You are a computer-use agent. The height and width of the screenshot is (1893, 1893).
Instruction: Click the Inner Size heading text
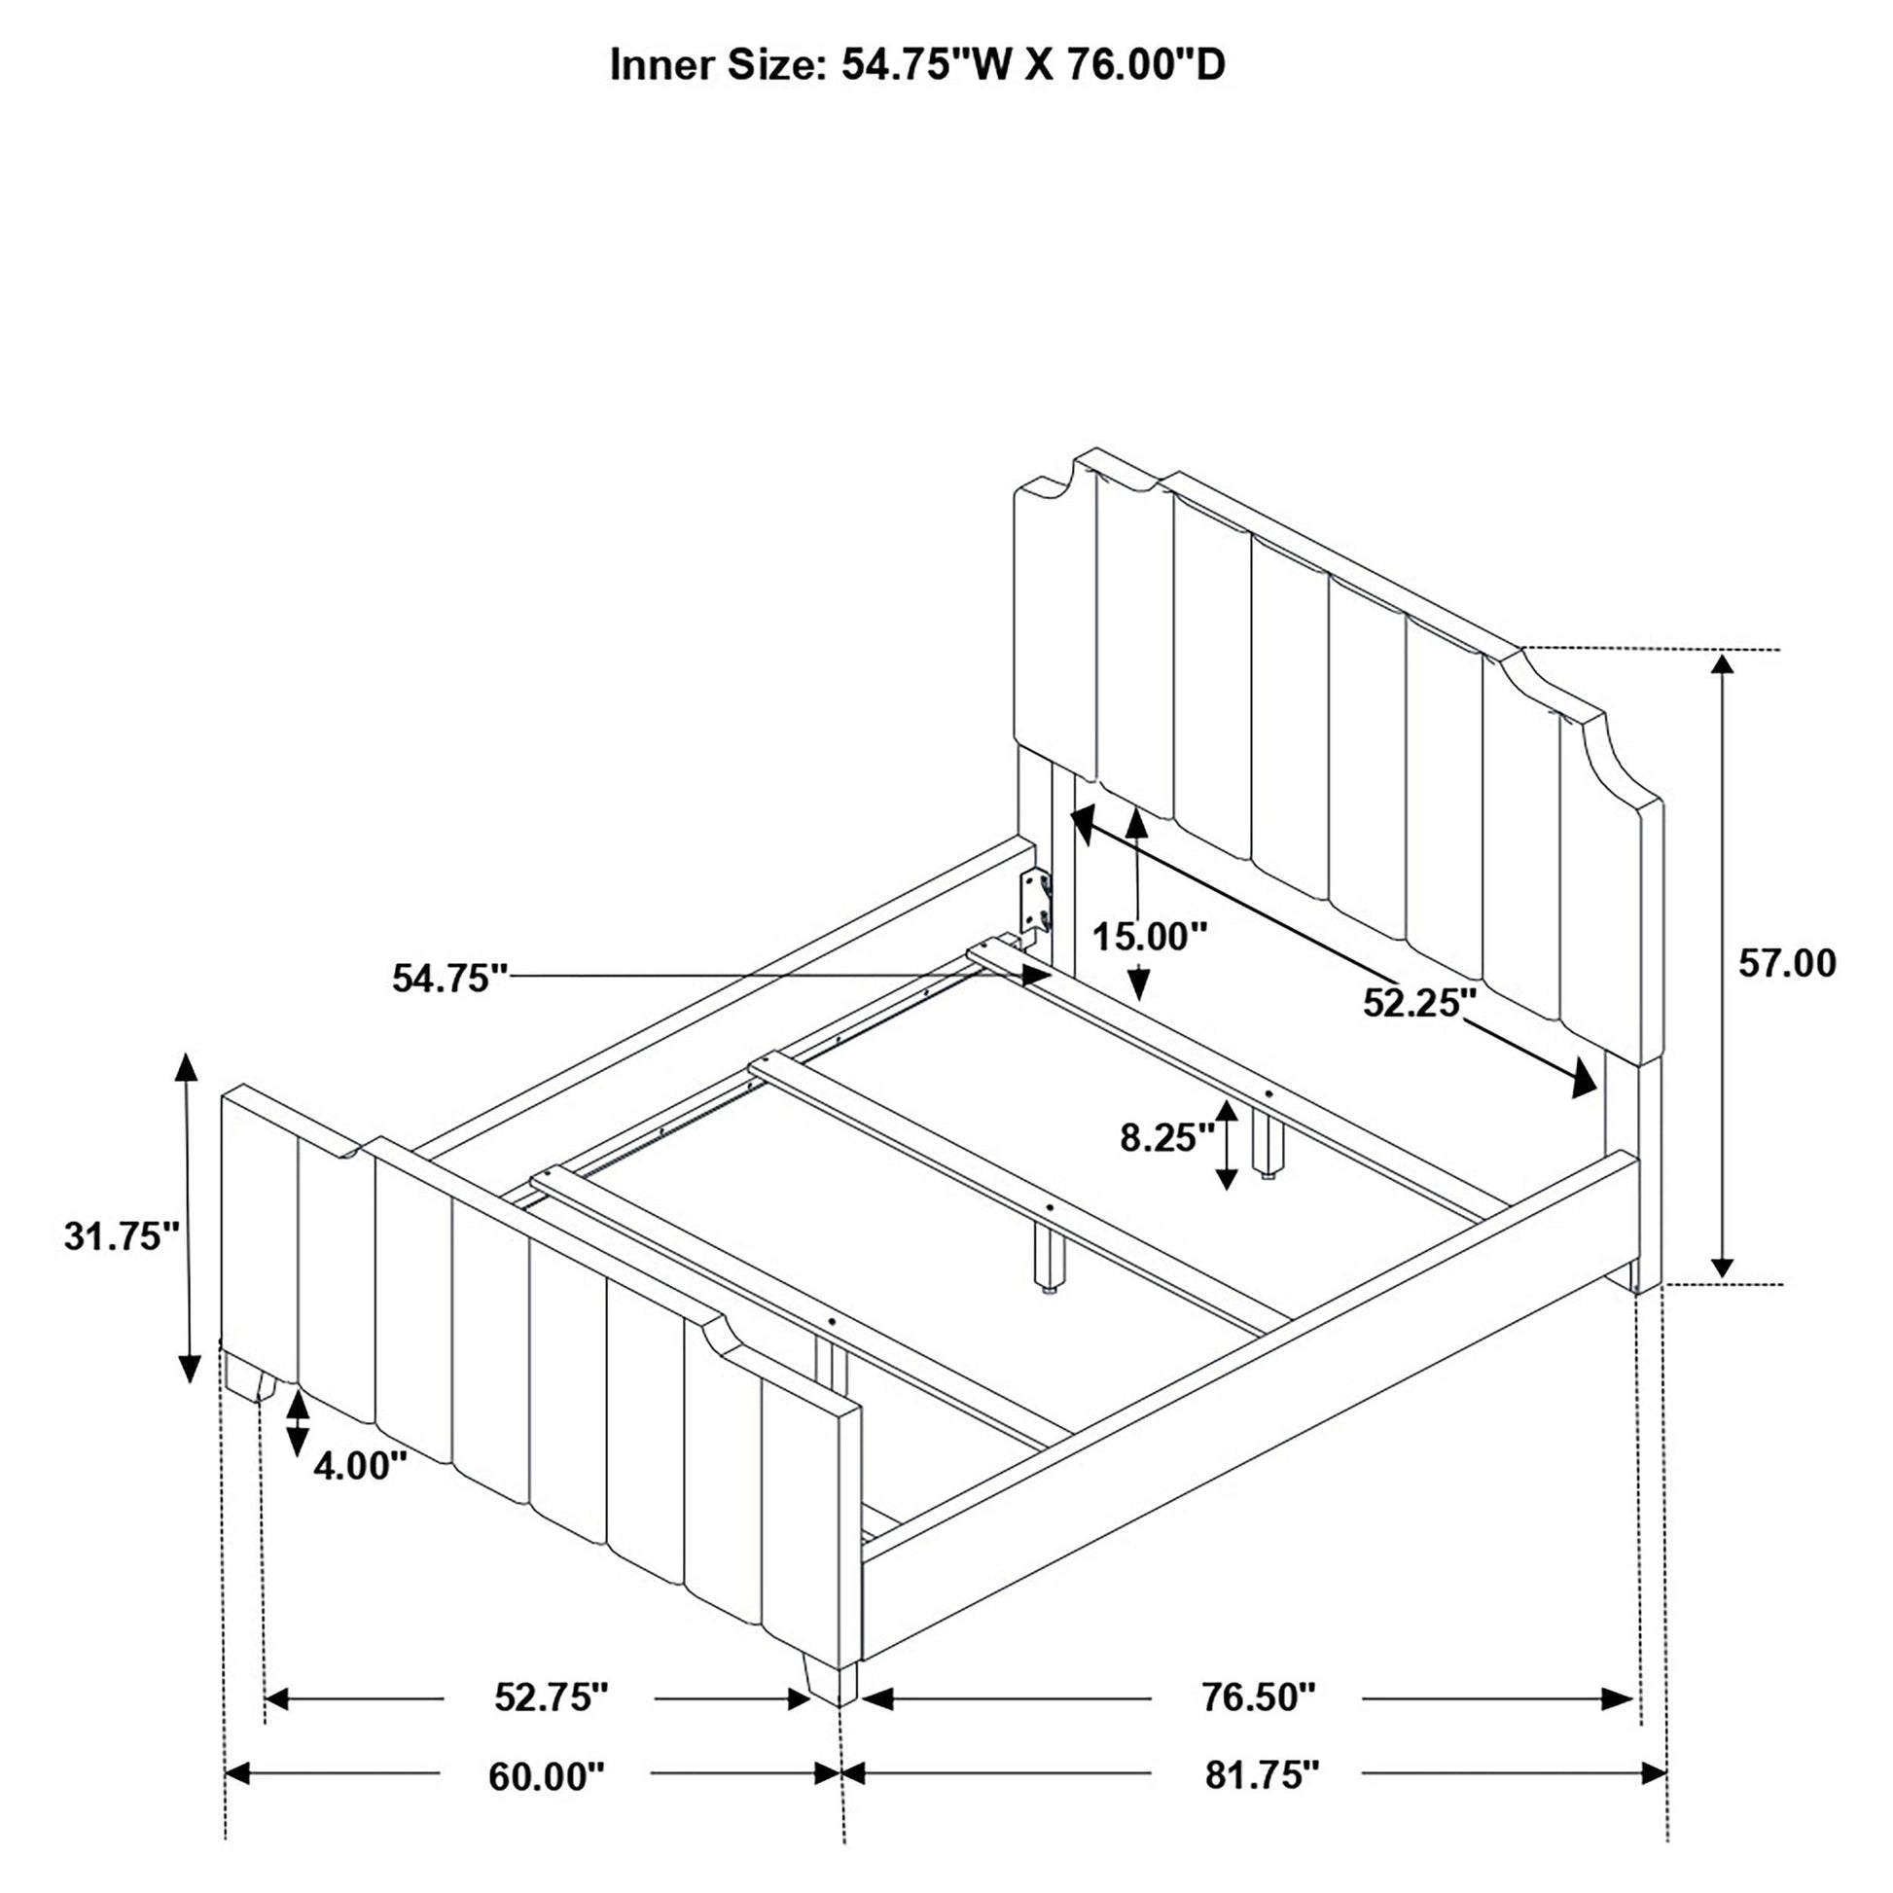tap(917, 64)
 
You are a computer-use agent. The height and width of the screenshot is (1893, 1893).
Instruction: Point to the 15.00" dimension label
tap(1150, 937)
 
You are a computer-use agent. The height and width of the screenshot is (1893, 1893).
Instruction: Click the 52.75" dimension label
tap(552, 1697)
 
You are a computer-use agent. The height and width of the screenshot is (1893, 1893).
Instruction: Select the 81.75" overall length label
tap(1263, 1775)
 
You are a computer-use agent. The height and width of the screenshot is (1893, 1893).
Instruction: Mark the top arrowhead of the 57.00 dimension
tap(1723, 664)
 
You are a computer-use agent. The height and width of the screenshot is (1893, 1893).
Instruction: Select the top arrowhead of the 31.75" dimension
tap(186, 1067)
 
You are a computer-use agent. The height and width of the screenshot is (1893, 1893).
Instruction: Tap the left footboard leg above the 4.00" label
tap(249, 1376)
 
